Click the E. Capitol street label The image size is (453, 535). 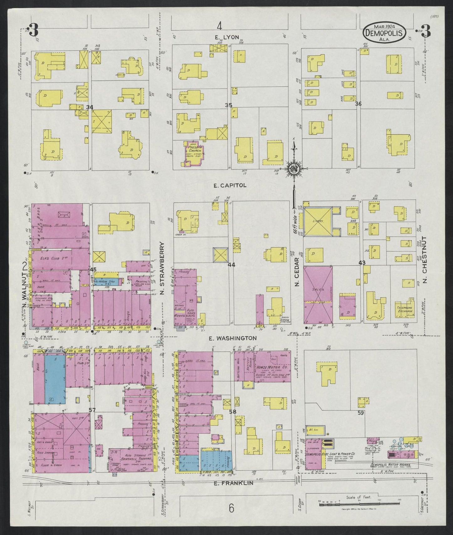point(230,185)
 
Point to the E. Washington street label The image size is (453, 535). point(233,338)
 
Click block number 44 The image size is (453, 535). point(231,265)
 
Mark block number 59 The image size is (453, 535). point(361,413)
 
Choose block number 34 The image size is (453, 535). point(90,108)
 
